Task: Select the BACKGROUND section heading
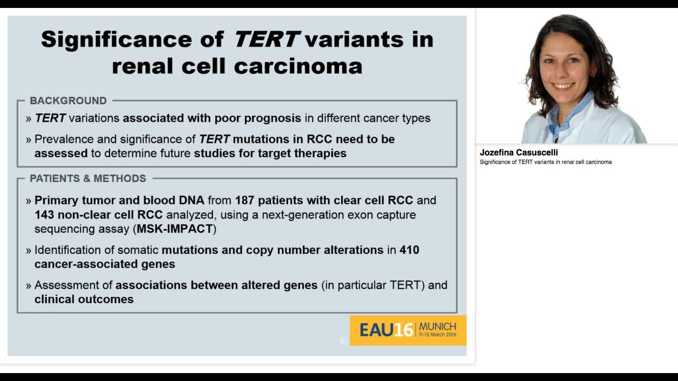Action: (x=68, y=101)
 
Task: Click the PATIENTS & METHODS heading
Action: (x=87, y=178)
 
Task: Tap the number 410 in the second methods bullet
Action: (x=409, y=250)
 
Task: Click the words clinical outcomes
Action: (x=84, y=300)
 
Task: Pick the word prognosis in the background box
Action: (x=272, y=118)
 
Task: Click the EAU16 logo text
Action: (x=386, y=330)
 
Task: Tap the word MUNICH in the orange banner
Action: (x=437, y=326)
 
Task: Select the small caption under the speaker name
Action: (x=546, y=162)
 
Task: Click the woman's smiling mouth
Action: (x=563, y=86)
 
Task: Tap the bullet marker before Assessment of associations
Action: (x=29, y=286)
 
